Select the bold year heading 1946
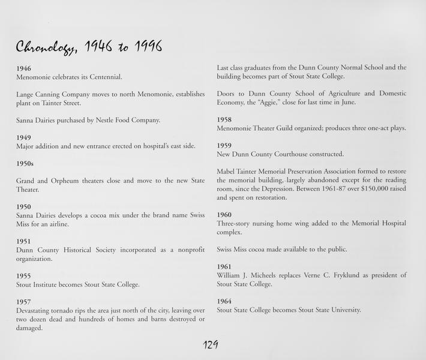pyautogui.click(x=24, y=68)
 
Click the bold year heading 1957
pyautogui.click(x=24, y=301)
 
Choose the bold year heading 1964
pyautogui.click(x=224, y=301)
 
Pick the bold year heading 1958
pyautogui.click(x=224, y=119)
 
